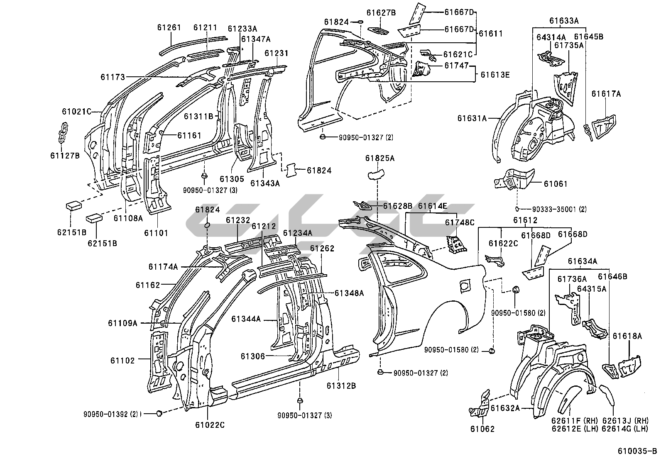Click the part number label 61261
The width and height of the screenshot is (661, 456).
[x=169, y=28]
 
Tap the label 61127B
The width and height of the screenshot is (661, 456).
[x=65, y=155]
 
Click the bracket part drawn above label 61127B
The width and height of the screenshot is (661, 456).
[x=63, y=132]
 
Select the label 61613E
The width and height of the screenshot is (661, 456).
[x=495, y=75]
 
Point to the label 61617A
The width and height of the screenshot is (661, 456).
[x=606, y=94]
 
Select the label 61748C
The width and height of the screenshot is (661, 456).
[x=460, y=222]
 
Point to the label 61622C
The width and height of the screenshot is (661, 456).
[x=503, y=244]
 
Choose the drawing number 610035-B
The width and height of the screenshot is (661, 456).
[x=637, y=451]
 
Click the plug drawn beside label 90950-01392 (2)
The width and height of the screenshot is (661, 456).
[x=158, y=413]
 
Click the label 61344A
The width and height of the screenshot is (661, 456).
[x=246, y=319]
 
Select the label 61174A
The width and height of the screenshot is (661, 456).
[x=163, y=267]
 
